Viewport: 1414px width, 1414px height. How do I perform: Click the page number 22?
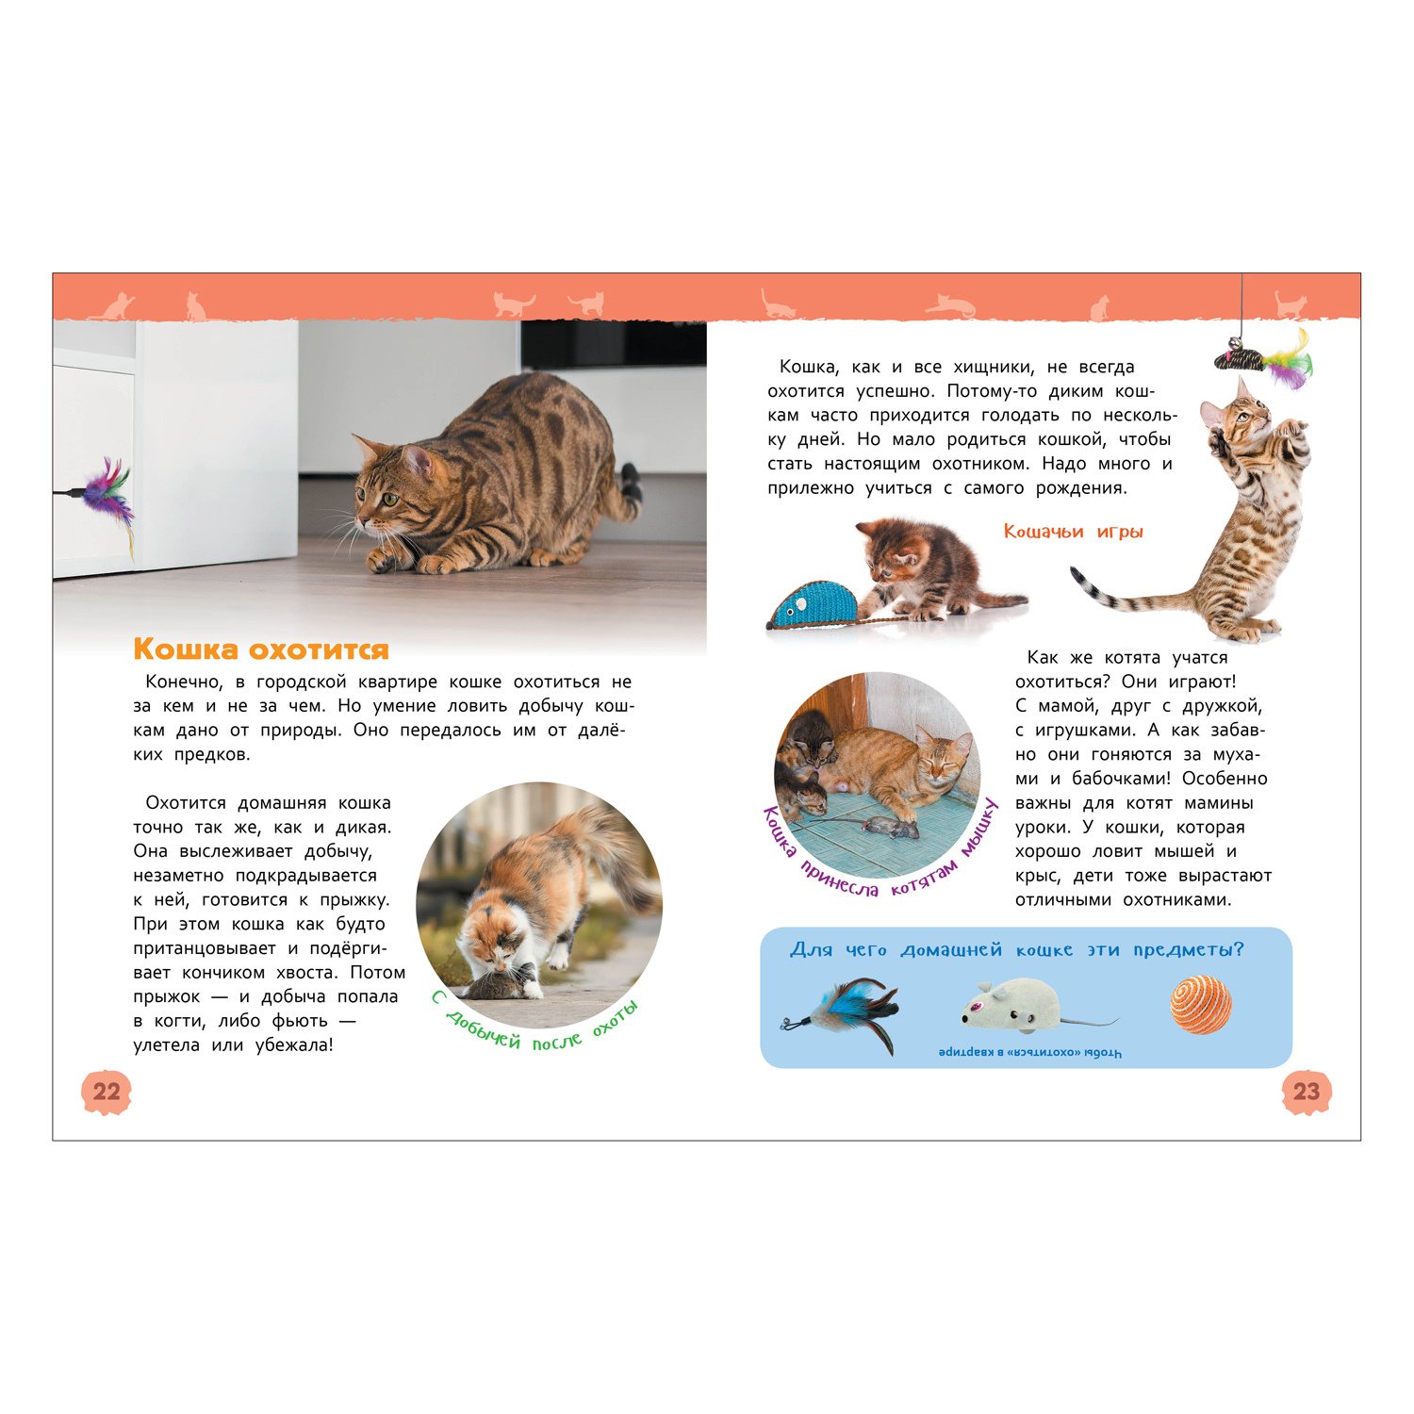click(x=107, y=1092)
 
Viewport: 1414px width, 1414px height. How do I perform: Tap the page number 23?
click(x=1307, y=1092)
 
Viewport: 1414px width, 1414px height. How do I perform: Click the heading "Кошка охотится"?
click(x=261, y=649)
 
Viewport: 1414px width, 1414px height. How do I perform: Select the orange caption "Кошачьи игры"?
click(x=1073, y=532)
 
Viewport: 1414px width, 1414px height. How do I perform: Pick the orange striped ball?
click(x=1201, y=1005)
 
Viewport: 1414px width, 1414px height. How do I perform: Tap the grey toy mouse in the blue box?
click(x=1018, y=1007)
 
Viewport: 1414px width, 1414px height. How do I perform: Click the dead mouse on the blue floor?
click(x=891, y=828)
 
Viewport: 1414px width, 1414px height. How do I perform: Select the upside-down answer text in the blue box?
click(x=1030, y=1052)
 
